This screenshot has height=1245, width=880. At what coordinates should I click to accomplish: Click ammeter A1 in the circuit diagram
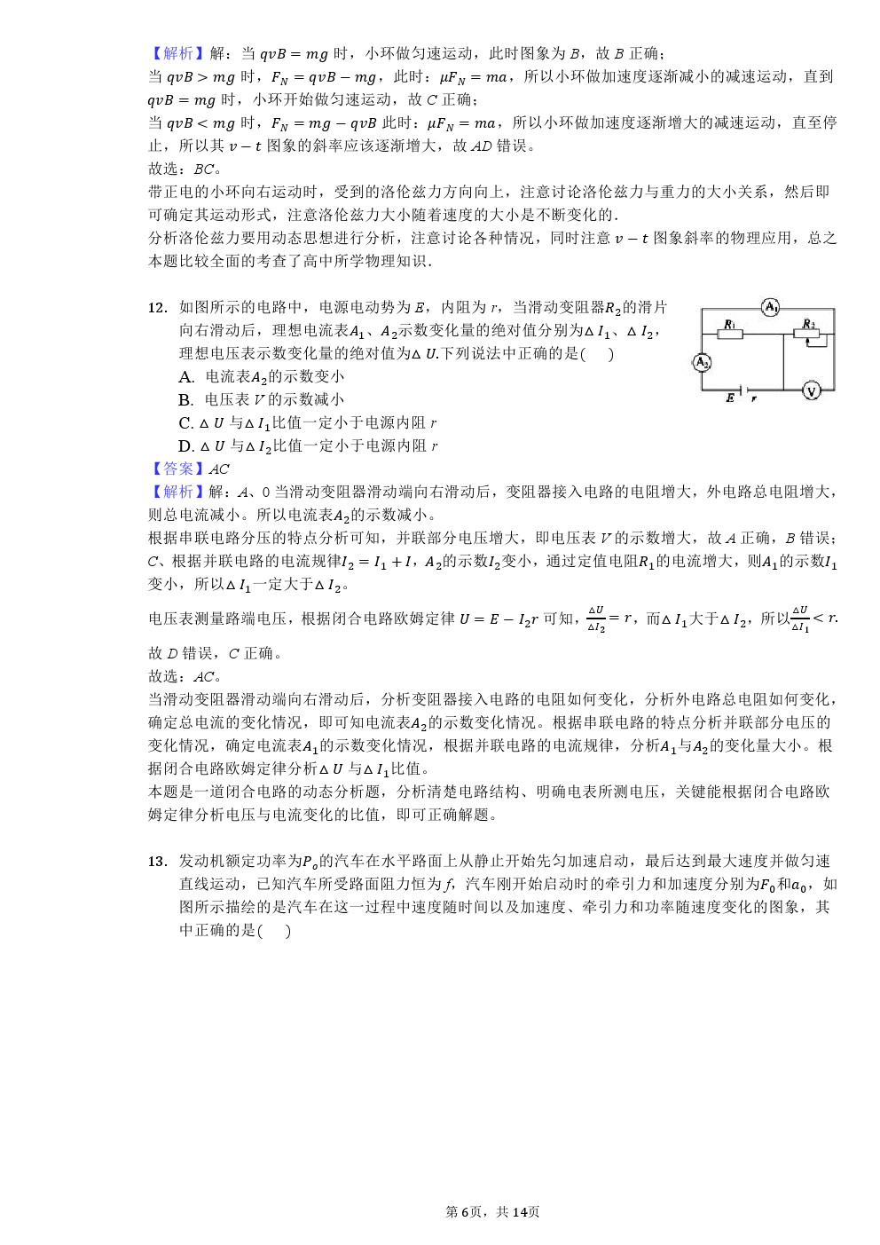point(770,308)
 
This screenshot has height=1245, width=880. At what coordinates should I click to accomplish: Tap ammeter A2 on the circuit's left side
point(702,362)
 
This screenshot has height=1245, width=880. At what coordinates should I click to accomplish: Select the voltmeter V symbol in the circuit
point(810,390)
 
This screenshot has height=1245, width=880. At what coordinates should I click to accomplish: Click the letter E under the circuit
point(730,400)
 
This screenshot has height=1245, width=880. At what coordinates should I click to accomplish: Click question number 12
point(157,308)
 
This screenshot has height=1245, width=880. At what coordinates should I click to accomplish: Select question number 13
point(157,862)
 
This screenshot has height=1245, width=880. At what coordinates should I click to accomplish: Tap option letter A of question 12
point(185,377)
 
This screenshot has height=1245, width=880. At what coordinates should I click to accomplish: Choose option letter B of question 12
point(185,400)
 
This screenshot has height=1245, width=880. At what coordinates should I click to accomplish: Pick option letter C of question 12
point(185,423)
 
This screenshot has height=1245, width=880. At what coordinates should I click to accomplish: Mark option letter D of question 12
point(185,446)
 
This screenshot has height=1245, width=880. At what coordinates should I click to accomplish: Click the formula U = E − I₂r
point(499,619)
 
